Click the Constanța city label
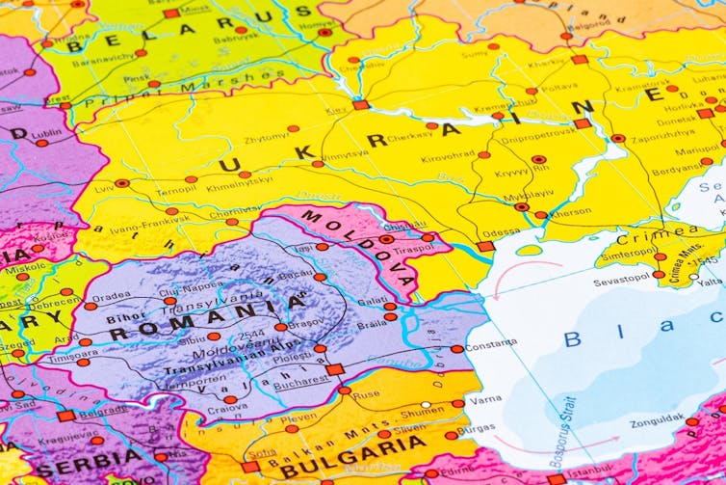click(491, 344)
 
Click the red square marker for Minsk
click(171, 13)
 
